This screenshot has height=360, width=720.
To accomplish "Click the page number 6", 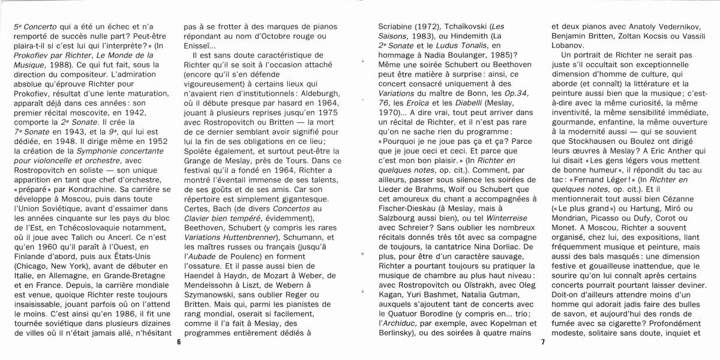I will [x=178, y=343].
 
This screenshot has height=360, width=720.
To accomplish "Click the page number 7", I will [x=542, y=343].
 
